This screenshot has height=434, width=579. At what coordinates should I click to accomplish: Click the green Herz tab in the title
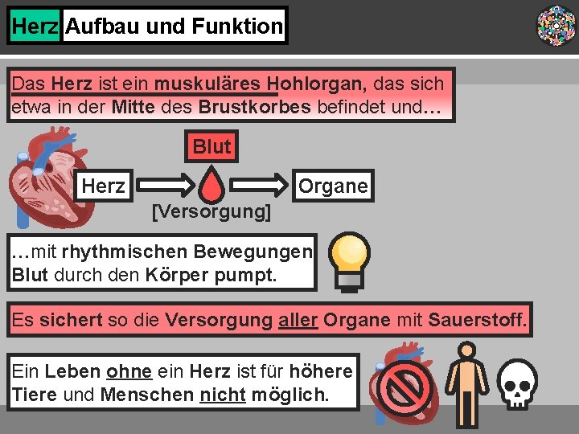point(35,27)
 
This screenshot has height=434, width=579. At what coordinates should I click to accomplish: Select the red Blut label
point(211,146)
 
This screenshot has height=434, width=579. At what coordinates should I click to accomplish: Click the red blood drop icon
point(211,185)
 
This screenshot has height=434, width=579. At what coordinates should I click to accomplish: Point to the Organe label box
point(333,186)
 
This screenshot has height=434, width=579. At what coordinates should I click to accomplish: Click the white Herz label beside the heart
point(104,186)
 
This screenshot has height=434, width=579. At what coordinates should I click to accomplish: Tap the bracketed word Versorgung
point(211,212)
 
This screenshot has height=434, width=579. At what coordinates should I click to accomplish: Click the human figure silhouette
point(464,384)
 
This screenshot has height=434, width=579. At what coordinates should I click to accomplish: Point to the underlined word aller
point(298,321)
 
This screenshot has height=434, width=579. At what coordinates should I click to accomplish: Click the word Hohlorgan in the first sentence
point(317,84)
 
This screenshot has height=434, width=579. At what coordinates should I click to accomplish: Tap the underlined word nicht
point(222,395)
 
